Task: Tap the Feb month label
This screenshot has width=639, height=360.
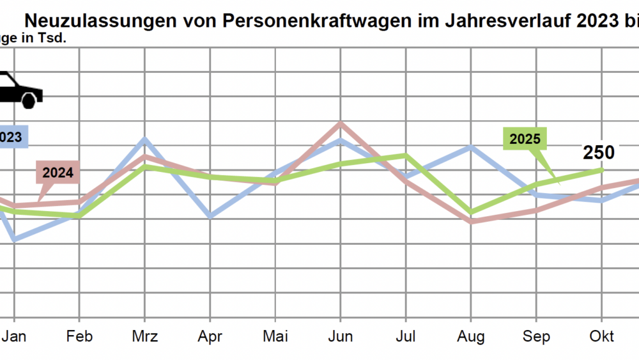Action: pos(79,336)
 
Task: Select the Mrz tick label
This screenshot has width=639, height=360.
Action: pos(145,336)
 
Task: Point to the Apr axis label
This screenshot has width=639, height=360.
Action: pos(210,336)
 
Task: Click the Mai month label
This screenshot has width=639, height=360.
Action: pos(275,336)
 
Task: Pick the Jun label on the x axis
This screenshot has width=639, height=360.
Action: pos(341,336)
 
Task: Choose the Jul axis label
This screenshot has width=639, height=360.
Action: pos(406,336)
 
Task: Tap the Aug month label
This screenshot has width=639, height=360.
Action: pos(472,336)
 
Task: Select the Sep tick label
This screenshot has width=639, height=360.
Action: pos(536,336)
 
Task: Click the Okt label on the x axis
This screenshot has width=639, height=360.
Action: pos(602,336)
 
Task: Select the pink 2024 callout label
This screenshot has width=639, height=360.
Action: pos(58,172)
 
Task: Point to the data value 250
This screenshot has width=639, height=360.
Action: pos(598,153)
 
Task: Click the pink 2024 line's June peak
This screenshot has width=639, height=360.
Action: pos(341,123)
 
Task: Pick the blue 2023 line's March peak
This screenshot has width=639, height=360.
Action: pos(145,139)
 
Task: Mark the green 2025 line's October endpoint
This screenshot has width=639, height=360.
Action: pos(602,169)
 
